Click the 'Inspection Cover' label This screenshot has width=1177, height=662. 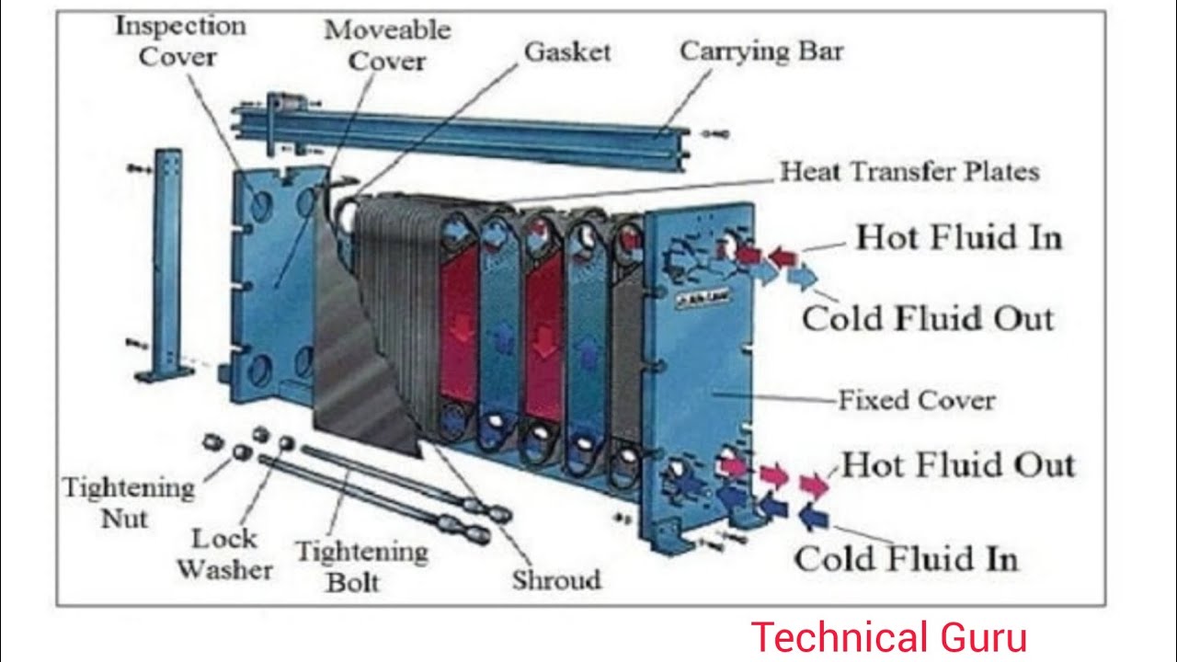179,41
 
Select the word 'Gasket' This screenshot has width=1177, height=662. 566,52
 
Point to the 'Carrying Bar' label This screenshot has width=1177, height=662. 760,51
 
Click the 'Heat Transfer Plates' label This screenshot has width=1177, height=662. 909,172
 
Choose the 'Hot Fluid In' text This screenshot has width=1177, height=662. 959,238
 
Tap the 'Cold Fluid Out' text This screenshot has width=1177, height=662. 927,319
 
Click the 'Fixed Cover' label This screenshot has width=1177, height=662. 916,401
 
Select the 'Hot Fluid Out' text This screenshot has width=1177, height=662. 957,464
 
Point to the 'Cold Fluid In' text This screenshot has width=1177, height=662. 906,559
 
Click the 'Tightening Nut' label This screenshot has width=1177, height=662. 128,502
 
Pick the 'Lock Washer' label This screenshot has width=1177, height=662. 224,554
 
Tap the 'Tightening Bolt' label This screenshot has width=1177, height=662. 361,565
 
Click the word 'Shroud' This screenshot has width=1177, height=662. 556,580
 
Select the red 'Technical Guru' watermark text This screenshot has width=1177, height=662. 888,637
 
